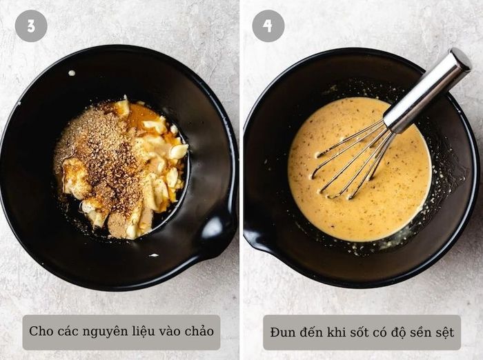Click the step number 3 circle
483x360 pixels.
pyautogui.click(x=31, y=26)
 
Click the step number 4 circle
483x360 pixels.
pyautogui.click(x=268, y=26)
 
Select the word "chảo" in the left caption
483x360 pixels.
pyautogui.click(x=199, y=331)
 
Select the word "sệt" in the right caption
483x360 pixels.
pyautogui.click(x=444, y=333)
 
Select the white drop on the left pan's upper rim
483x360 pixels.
pyautogui.click(x=72, y=73)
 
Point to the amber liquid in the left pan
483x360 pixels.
pyautogui.click(x=146, y=117)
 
